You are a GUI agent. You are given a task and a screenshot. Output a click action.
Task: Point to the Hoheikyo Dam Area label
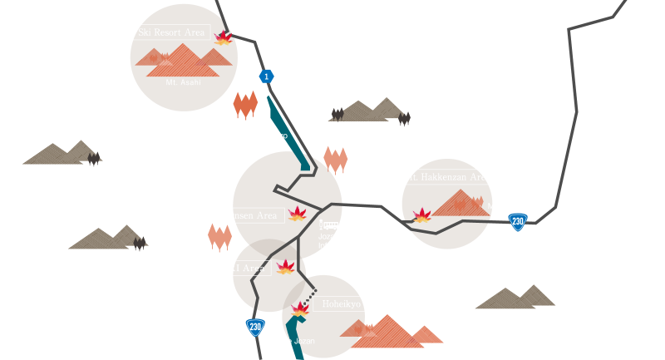[x=363, y=304]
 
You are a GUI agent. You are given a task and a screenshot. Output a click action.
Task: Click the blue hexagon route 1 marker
[x=266, y=76]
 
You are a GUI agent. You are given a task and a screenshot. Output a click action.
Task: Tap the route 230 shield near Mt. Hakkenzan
[x=518, y=221]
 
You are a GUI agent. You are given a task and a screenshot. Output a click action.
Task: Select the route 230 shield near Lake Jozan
[x=254, y=327]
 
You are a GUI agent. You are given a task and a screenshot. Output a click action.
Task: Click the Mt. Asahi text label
[x=183, y=82]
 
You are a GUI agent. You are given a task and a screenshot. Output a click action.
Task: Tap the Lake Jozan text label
[x=295, y=341]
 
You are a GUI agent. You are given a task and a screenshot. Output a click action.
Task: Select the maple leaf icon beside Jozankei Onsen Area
[x=297, y=215]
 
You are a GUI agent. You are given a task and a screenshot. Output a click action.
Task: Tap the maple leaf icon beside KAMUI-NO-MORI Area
[x=285, y=267]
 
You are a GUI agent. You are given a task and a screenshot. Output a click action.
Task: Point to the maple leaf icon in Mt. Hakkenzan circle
[x=422, y=216]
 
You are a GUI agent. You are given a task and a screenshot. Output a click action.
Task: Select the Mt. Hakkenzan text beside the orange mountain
[x=514, y=206]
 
